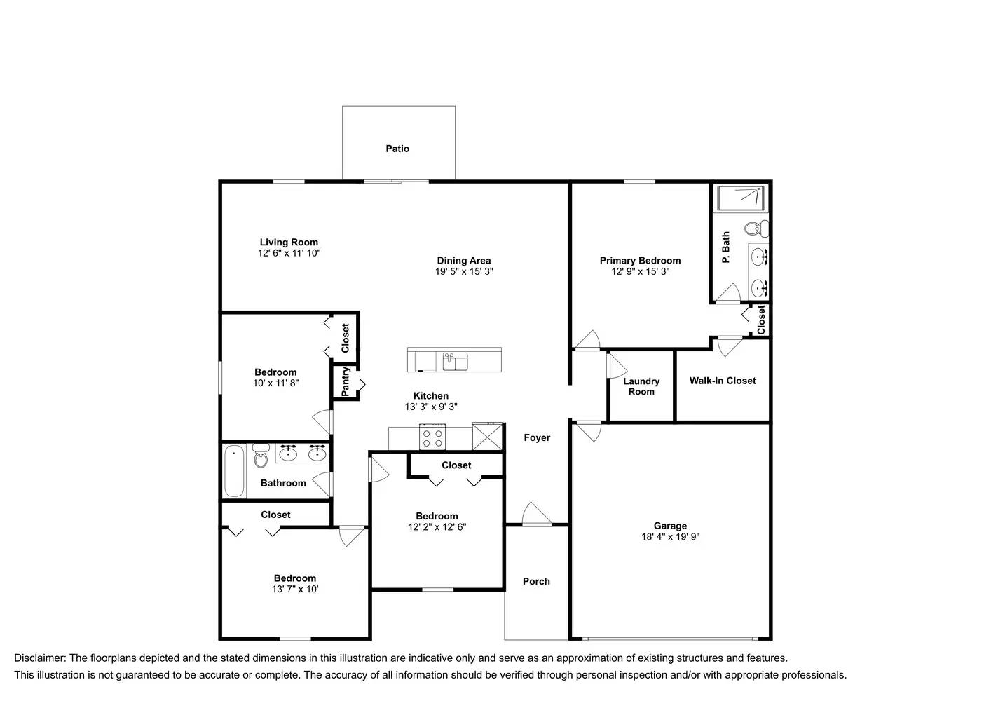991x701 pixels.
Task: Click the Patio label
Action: [397, 149]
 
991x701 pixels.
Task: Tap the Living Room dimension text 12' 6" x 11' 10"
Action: [289, 253]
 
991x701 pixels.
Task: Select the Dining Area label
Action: [463, 260]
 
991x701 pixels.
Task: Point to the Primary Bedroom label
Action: [640, 260]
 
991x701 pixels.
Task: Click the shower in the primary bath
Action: [741, 198]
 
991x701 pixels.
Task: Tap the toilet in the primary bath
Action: [756, 229]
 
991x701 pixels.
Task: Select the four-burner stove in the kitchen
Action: [432, 438]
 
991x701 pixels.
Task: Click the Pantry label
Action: [346, 382]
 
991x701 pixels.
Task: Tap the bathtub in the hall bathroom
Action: [234, 470]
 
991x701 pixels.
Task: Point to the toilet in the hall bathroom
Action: [261, 456]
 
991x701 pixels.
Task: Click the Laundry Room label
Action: [641, 386]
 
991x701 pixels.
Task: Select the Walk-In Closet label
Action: [723, 381]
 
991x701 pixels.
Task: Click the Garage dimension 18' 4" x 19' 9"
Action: [670, 537]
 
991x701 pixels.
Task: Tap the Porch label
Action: [536, 581]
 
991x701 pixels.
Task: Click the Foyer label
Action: [537, 437]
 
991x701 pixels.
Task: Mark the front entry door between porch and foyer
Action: [537, 522]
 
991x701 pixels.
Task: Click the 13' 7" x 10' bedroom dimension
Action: [295, 590]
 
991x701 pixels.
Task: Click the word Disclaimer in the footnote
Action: [39, 658]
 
